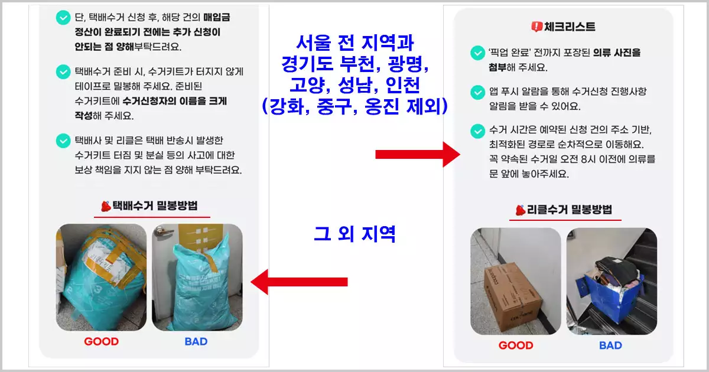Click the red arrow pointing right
point(417,155)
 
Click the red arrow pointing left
point(299,282)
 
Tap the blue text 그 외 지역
point(354,234)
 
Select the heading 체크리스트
point(569,27)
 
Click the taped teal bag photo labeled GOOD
point(101,278)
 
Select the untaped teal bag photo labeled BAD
point(197,278)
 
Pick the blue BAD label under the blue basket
point(610,345)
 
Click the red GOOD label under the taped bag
point(101,341)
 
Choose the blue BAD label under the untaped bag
point(196,341)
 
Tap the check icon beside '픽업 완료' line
point(477,53)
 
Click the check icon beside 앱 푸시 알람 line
point(477,93)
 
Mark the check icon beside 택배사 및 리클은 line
point(63,141)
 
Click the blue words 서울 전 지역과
point(354,43)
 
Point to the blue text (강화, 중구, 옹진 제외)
point(354,106)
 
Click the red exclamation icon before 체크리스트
point(536,27)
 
